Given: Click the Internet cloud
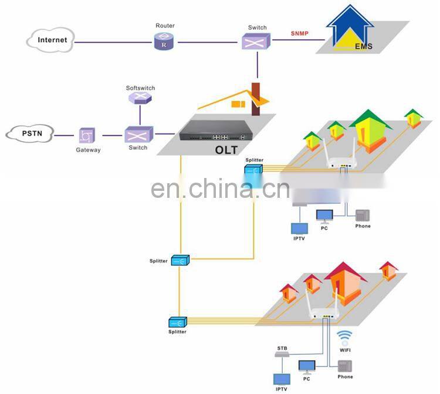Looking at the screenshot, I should [x=52, y=40].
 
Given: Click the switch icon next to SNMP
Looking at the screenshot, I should [x=256, y=41].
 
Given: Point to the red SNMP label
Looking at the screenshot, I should [x=300, y=33].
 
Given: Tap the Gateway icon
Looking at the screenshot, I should [x=87, y=136].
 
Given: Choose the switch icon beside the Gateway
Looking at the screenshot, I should [x=138, y=135].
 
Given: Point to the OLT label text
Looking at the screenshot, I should [x=226, y=150].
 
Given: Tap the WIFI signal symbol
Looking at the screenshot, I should [x=344, y=337].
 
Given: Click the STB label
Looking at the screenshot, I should [x=282, y=348].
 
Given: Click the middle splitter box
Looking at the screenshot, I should [x=179, y=261].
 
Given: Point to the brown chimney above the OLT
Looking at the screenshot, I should [x=255, y=98].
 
